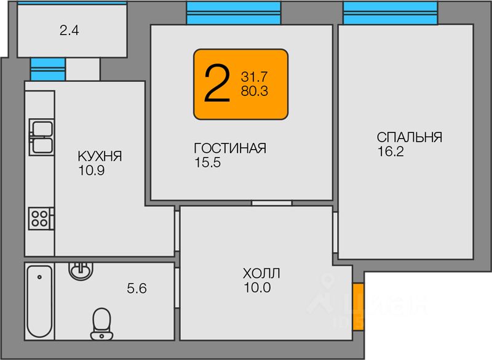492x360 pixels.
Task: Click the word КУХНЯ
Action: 100,156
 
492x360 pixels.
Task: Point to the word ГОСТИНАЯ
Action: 229,149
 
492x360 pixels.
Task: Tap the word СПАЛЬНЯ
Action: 410,137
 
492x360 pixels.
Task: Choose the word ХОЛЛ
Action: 261,273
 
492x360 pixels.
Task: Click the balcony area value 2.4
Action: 69,30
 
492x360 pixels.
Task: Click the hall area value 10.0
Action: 257,287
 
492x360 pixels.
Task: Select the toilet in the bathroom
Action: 101,323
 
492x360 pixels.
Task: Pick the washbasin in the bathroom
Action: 80,270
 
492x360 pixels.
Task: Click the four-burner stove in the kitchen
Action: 41,218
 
